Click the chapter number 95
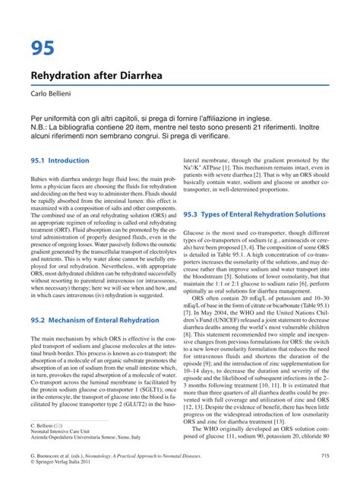[x=43, y=49]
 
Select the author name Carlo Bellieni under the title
[x=56, y=100]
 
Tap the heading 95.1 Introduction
[x=60, y=161]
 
